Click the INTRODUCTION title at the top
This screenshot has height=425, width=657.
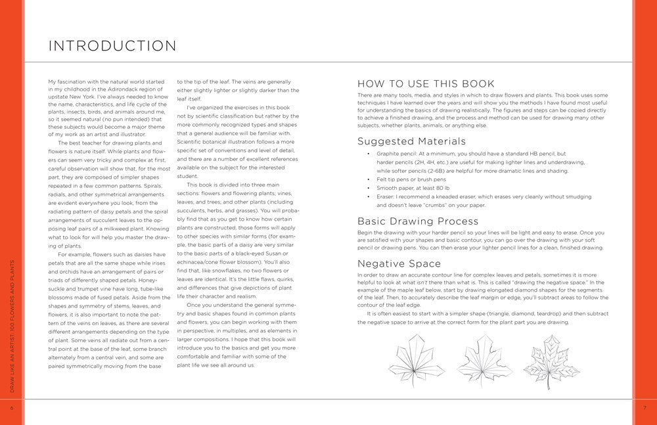112,46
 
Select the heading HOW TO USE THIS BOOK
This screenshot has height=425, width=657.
425,83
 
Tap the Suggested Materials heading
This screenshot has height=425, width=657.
411,141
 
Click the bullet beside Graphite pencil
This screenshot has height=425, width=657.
369,153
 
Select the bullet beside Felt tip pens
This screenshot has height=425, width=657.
369,179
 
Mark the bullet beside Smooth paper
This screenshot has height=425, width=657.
369,188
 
